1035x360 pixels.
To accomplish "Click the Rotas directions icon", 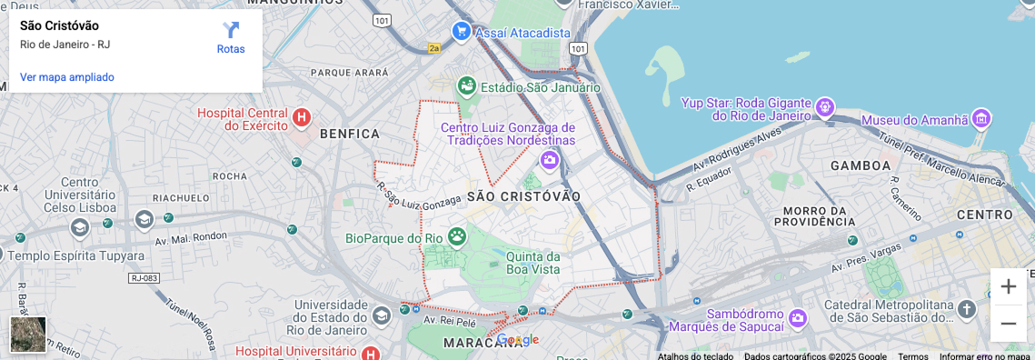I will tap(231, 31).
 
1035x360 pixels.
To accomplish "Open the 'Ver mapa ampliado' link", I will tap(67, 77).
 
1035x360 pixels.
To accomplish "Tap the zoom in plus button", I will tap(1008, 286).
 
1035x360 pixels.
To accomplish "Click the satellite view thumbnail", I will tap(28, 334).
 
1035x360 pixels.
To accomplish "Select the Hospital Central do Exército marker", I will tap(302, 117).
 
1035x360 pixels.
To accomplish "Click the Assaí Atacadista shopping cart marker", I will tap(462, 31).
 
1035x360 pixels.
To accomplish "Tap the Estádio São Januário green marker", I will tap(467, 86).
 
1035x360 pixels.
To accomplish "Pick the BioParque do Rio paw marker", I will tap(457, 237).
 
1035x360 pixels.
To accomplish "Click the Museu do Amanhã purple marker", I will tap(980, 118).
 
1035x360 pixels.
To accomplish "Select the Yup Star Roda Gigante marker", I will tap(824, 107).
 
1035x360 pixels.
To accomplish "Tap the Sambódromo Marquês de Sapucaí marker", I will tap(798, 317).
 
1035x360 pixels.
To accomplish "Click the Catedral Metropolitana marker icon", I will tap(967, 309).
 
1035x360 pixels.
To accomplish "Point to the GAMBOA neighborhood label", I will tap(861, 165).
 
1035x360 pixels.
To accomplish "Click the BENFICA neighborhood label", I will tap(350, 134).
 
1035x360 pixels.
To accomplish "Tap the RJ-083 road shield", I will tap(144, 278).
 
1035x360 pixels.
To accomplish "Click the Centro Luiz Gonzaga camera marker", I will tap(549, 161).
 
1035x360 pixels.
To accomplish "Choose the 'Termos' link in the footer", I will tap(913, 356).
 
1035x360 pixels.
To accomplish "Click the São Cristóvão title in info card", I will tap(59, 25).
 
